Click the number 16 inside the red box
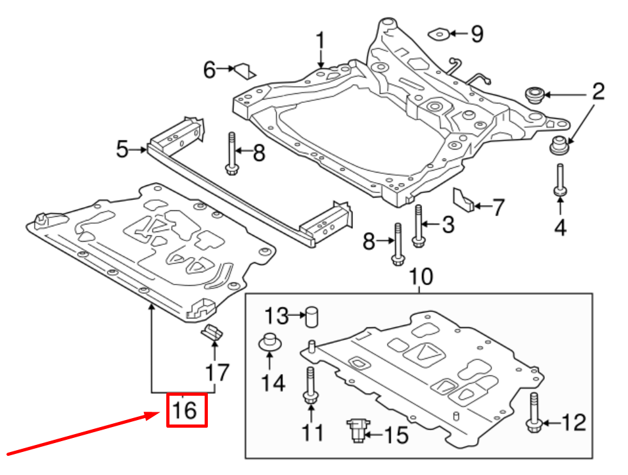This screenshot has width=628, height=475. pyautogui.click(x=185, y=410)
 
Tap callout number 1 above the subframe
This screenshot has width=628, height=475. pyautogui.click(x=320, y=42)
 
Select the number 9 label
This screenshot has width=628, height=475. pyautogui.click(x=476, y=34)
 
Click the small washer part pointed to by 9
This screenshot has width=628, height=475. pyautogui.click(x=439, y=34)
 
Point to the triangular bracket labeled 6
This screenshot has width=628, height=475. pyautogui.click(x=245, y=71)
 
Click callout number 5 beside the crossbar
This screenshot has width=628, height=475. pyautogui.click(x=122, y=150)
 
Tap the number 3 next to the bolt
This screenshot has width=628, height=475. pyautogui.click(x=448, y=224)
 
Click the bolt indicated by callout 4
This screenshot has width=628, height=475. pyautogui.click(x=560, y=180)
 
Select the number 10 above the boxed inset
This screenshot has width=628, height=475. pyautogui.click(x=421, y=276)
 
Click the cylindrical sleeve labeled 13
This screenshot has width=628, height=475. pyautogui.click(x=312, y=316)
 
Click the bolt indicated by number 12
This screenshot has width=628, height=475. pyautogui.click(x=533, y=412)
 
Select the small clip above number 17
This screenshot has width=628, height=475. pyautogui.click(x=212, y=332)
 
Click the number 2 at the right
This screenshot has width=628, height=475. pyautogui.click(x=598, y=91)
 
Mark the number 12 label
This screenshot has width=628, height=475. pyautogui.click(x=574, y=422)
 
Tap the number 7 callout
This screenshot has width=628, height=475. pyautogui.click(x=498, y=207)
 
